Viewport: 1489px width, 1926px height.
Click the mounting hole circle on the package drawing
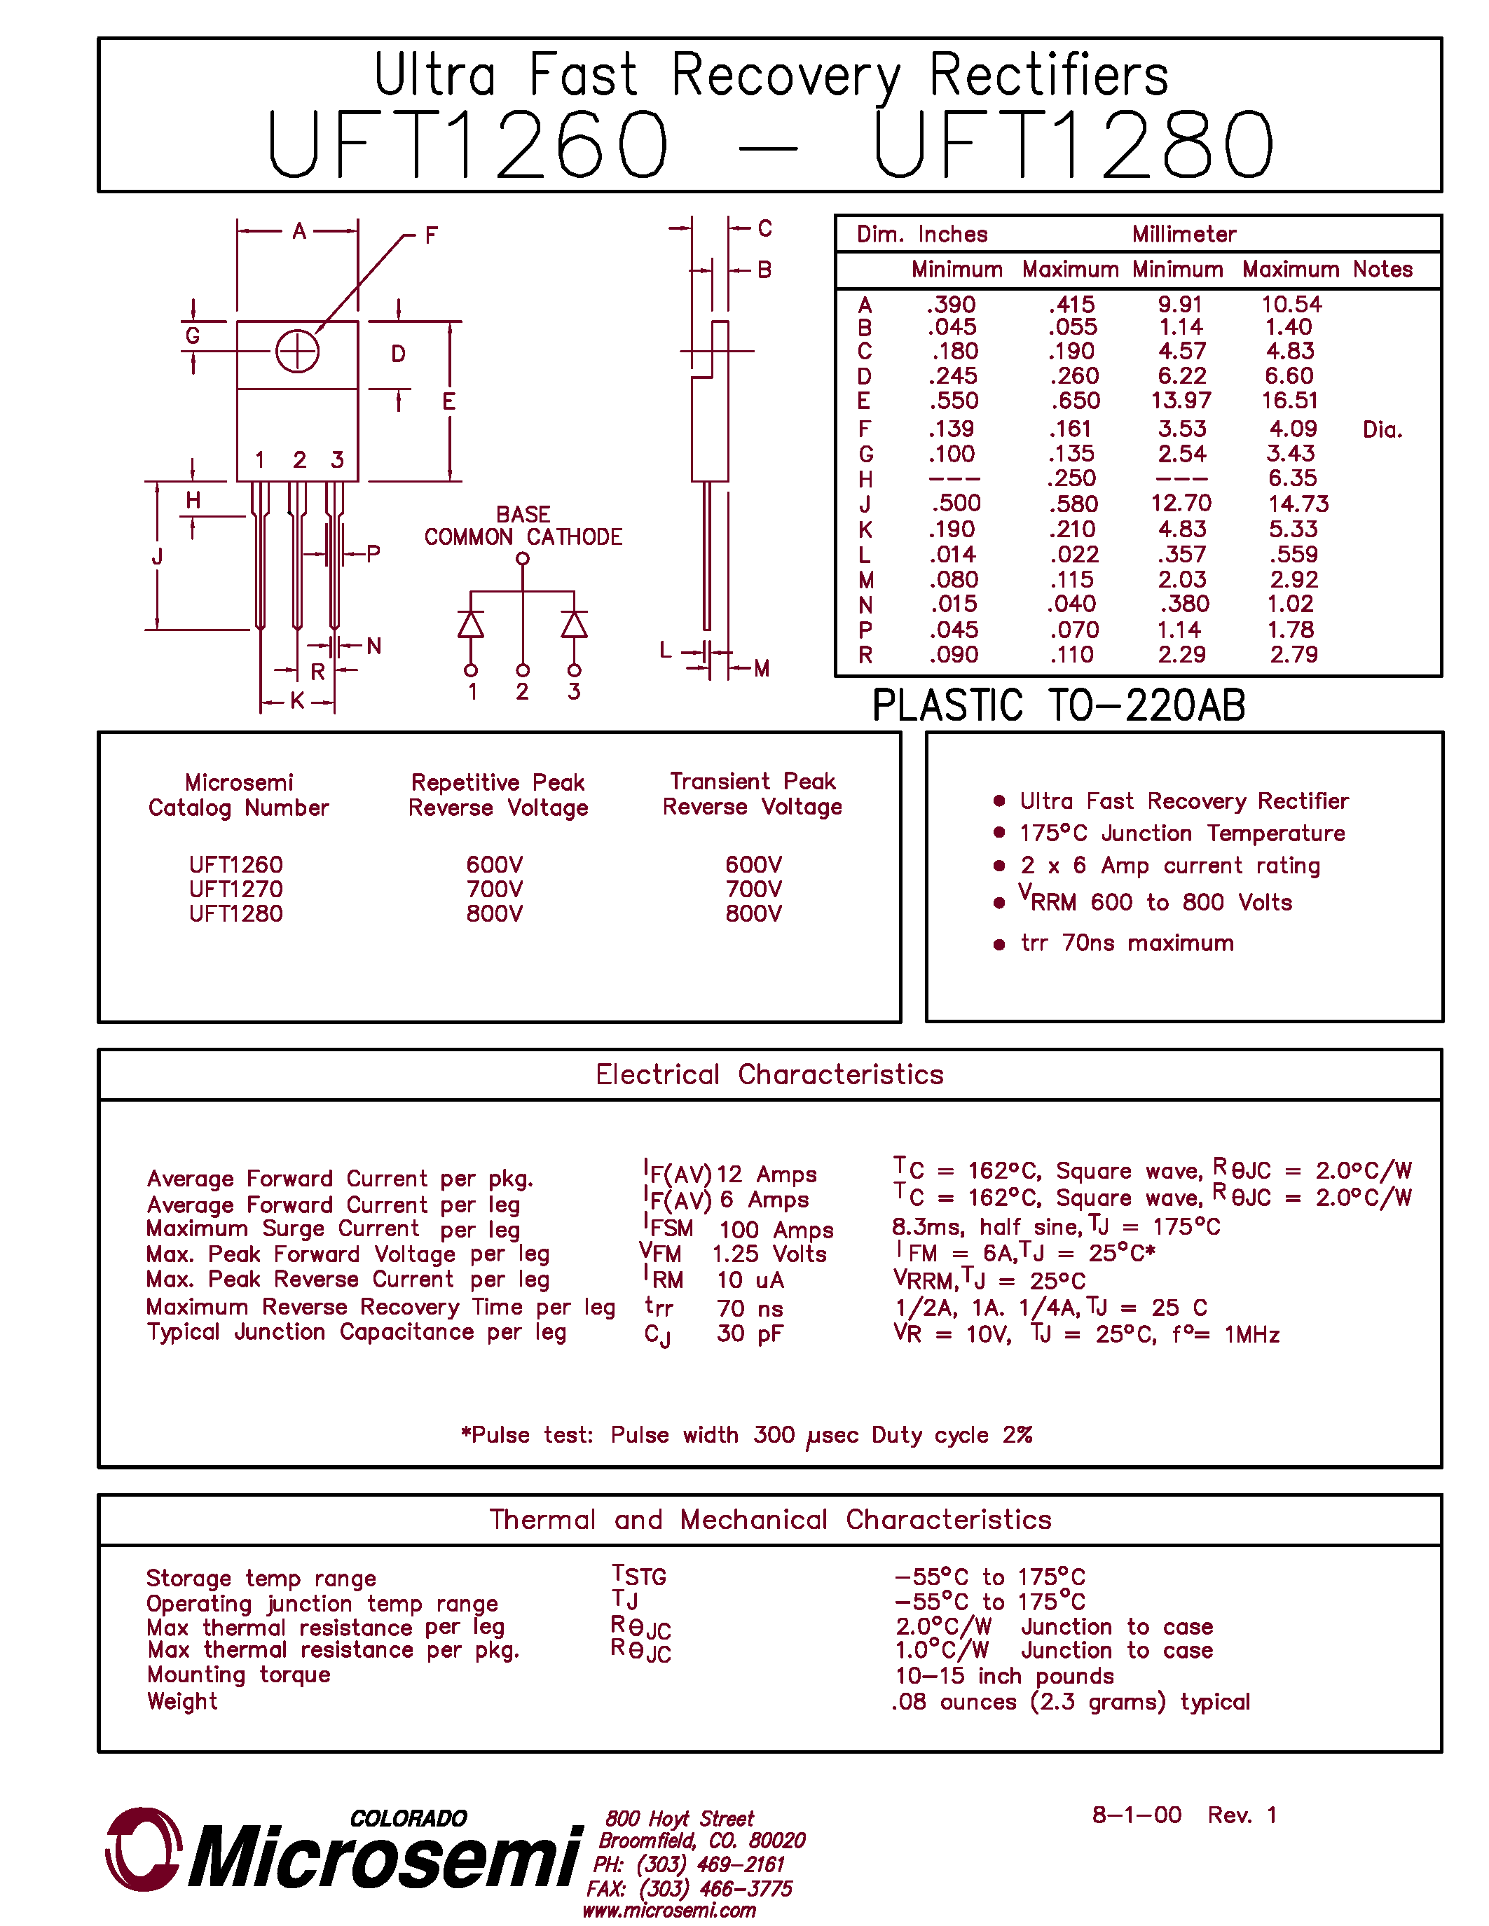pyautogui.click(x=297, y=352)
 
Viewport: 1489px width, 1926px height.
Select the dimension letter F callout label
pyautogui.click(x=432, y=235)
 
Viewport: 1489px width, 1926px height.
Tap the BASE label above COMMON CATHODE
pyautogui.click(x=523, y=514)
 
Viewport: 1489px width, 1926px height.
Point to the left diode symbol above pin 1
pyautogui.click(x=471, y=624)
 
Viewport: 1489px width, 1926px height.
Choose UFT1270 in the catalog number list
pyautogui.click(x=236, y=889)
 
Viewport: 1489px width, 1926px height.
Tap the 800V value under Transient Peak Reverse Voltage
pyautogui.click(x=753, y=913)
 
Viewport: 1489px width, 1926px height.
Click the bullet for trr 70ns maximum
pyautogui.click(x=999, y=945)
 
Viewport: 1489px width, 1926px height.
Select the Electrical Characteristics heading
pyautogui.click(x=769, y=1075)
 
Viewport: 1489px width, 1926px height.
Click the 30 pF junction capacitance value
pyautogui.click(x=750, y=1334)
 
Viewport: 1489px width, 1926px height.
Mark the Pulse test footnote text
pyautogui.click(x=746, y=1436)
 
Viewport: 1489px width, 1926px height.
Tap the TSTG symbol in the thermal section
pyautogui.click(x=640, y=1576)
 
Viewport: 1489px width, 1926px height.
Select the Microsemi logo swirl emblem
pyautogui.click(x=143, y=1849)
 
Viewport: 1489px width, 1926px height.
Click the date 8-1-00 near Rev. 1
pyautogui.click(x=1136, y=1815)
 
